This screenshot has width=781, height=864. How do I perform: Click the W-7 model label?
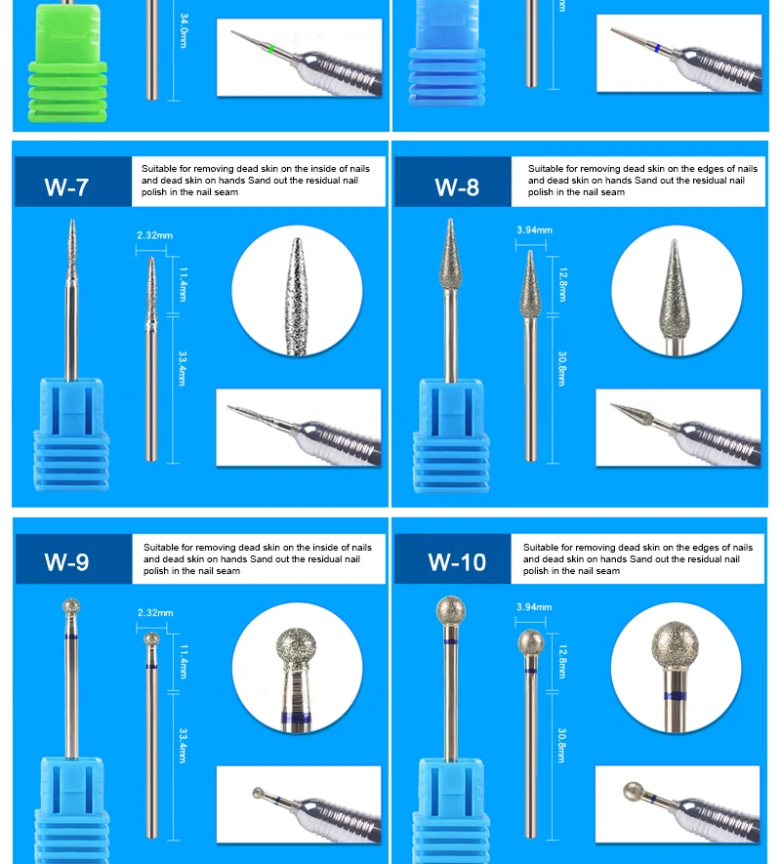pos(66,186)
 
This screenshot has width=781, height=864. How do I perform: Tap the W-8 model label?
pos(457,186)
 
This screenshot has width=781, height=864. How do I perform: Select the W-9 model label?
pos(66,561)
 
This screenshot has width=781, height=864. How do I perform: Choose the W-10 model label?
pos(457,561)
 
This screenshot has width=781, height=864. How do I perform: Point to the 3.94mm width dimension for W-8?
pos(534,230)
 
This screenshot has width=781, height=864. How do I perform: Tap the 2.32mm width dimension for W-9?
pos(154,613)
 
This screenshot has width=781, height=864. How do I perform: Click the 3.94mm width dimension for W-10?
pos(534,607)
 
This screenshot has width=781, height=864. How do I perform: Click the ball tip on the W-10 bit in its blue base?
pos(449,611)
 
